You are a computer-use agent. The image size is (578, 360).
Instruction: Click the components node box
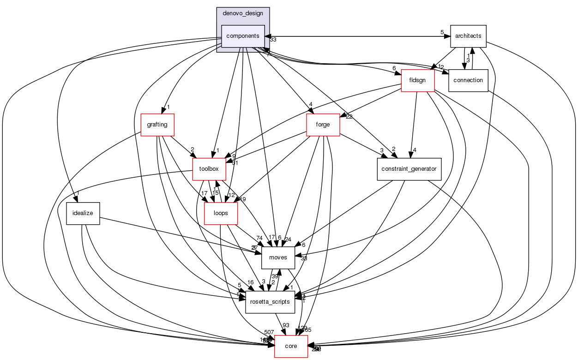tap(243, 36)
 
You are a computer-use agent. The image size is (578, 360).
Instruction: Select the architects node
tap(468, 36)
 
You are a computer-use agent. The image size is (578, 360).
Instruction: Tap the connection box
tap(468, 80)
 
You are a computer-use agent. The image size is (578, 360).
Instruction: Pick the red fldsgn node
tap(417, 80)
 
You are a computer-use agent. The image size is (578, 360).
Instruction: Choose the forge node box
tap(323, 125)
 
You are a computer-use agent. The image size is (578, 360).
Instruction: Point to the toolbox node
tap(208, 169)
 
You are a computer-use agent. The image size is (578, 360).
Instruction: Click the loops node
tap(221, 213)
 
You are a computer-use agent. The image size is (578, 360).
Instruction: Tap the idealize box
tap(83, 213)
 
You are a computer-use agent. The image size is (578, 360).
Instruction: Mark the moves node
tap(278, 257)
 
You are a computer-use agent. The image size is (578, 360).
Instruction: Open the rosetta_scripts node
tap(270, 302)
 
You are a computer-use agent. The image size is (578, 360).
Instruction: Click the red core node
tap(291, 346)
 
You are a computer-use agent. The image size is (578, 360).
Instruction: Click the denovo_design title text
tap(243, 13)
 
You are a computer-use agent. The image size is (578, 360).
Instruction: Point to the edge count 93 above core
tap(286, 325)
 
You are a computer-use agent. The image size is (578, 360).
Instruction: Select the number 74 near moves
tap(259, 239)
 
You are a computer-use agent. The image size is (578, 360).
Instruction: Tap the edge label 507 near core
tap(270, 332)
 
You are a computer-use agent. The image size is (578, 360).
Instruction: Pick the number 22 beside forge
tap(349, 117)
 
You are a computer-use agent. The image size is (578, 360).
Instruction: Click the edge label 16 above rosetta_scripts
tap(251, 282)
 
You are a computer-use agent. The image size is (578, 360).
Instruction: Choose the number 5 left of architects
tap(442, 32)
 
